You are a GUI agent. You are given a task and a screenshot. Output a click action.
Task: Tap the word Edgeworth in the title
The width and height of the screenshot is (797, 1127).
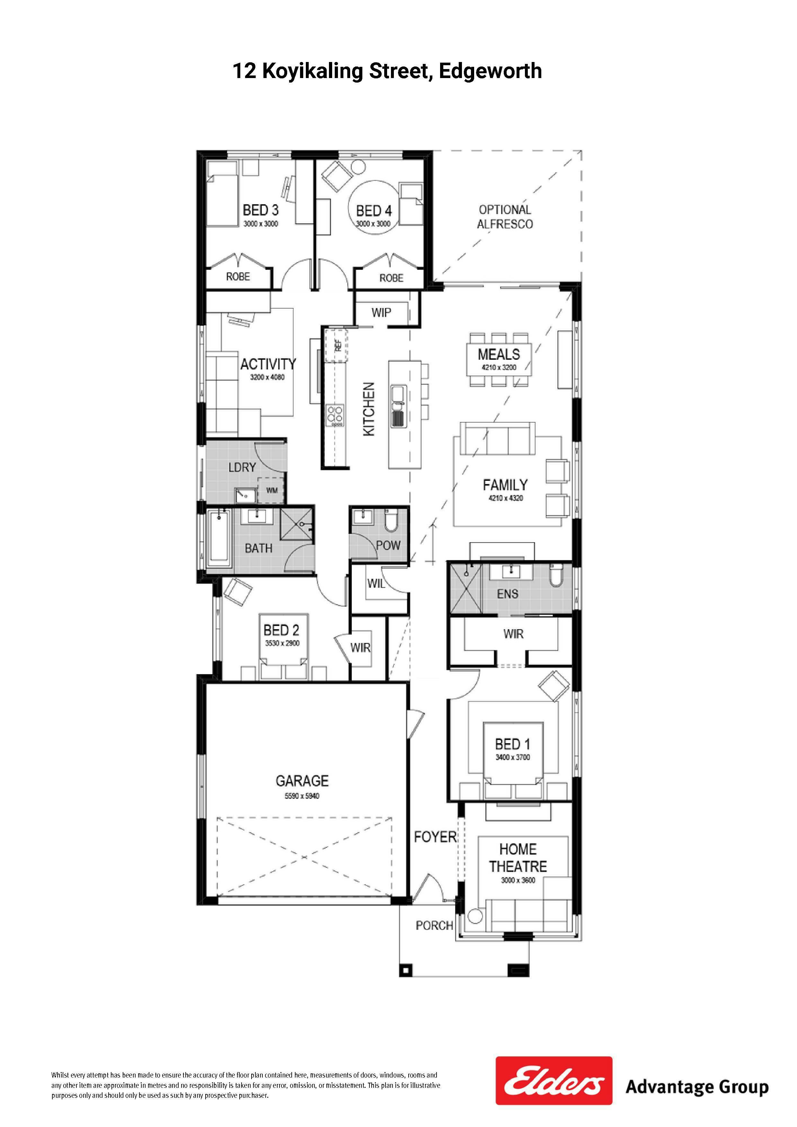[490, 71]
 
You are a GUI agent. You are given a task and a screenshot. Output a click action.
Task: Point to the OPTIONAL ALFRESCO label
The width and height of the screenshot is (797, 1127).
[505, 216]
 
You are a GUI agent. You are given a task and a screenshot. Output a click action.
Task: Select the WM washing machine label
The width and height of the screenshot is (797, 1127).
[271, 490]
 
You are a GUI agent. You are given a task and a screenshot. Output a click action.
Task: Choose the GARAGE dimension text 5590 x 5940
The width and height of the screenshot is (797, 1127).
[302, 796]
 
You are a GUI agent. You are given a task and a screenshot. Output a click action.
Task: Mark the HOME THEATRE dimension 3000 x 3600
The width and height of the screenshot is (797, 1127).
[518, 894]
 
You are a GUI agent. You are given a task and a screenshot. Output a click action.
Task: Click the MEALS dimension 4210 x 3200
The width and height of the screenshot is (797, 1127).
[499, 367]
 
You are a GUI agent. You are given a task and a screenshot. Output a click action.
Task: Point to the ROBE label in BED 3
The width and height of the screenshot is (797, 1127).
[238, 277]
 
